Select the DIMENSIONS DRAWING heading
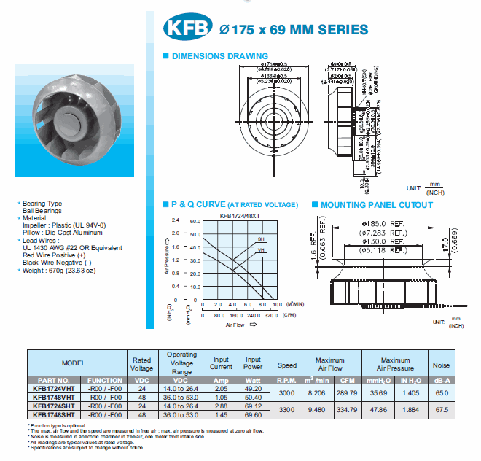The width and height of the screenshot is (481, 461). click(219, 56)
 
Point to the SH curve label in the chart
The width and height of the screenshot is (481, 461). click(259, 239)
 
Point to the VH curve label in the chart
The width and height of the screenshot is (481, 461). click(260, 250)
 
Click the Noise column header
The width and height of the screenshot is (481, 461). click(441, 365)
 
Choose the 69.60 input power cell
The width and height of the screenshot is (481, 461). click(253, 414)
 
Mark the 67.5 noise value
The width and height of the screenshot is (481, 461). click(441, 410)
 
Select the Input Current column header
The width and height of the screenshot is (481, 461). click(222, 363)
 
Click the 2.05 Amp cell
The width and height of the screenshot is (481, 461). click(222, 389)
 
